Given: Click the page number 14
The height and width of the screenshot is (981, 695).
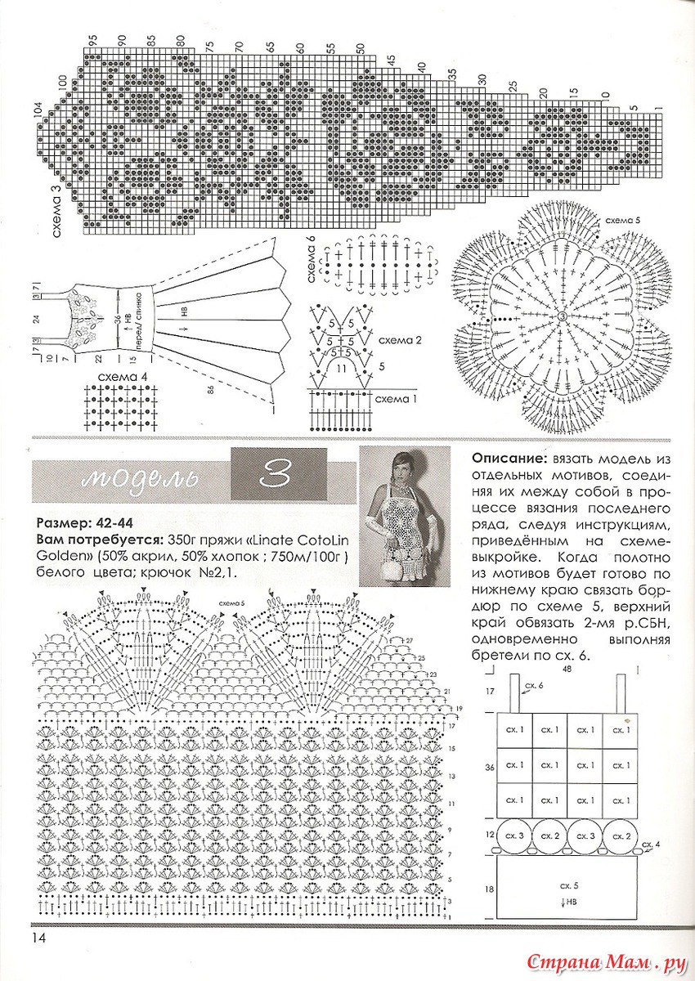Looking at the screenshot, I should click(39, 937).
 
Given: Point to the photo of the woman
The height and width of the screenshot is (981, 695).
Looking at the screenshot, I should click(405, 517).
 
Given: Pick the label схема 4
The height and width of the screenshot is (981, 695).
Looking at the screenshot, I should click(122, 377).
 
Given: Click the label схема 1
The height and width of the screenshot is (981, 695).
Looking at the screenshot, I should click(395, 399).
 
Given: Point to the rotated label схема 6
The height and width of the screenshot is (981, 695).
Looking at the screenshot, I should click(312, 259).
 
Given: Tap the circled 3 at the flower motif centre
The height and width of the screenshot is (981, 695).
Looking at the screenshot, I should click(563, 316).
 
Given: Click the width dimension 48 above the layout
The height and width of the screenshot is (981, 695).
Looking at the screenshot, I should click(566, 669).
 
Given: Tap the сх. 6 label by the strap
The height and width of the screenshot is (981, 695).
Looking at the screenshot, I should click(535, 685).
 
